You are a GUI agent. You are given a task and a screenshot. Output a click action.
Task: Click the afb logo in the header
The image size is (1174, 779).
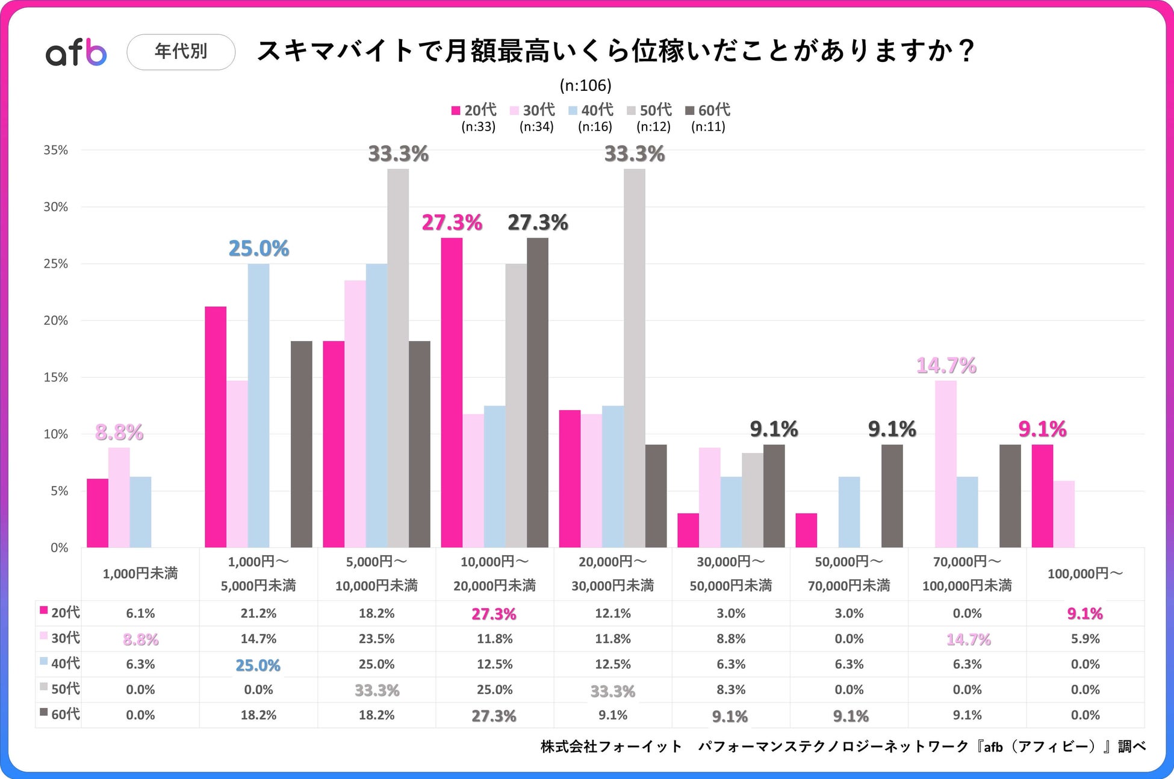[x=76, y=52]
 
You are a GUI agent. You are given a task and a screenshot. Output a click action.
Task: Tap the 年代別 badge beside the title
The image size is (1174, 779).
[x=181, y=52]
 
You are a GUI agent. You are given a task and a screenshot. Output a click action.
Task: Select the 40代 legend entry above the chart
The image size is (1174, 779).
[x=591, y=110]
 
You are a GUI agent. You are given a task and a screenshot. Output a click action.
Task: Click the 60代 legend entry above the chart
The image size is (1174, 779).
[x=708, y=110]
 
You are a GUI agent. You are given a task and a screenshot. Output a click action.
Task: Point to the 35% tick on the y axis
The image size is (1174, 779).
[x=55, y=150]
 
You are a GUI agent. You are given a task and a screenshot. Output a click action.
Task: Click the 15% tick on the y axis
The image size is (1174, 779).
[x=55, y=378]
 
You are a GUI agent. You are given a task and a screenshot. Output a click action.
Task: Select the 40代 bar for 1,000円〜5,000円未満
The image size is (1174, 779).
[x=258, y=405]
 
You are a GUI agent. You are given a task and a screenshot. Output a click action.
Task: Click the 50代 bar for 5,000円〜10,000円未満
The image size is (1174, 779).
[x=398, y=358]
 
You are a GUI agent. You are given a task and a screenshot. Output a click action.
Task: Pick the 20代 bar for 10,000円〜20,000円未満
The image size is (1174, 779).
[x=452, y=392]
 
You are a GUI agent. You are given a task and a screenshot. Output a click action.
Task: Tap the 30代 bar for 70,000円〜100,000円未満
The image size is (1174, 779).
[x=945, y=464]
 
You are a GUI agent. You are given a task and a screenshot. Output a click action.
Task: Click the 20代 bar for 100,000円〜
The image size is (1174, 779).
[x=1042, y=496]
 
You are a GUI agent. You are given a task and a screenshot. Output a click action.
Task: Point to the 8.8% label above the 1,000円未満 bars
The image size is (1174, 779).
[x=119, y=432]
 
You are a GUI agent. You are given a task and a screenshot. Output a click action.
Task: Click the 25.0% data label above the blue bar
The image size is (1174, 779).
[x=259, y=248]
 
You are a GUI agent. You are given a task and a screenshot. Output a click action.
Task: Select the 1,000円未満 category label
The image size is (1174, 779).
[x=140, y=574]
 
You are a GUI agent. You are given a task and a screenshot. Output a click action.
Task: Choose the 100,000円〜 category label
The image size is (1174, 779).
[x=1085, y=574]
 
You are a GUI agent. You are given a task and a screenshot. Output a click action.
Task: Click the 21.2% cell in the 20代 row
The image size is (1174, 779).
[x=258, y=614]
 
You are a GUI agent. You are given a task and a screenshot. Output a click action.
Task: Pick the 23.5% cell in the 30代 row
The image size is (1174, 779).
[x=376, y=639]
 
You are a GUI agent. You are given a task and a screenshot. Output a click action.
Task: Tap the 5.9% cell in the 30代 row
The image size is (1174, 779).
[x=1085, y=639]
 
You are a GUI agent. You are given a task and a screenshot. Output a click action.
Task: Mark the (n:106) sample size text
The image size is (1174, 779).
[x=585, y=85]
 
